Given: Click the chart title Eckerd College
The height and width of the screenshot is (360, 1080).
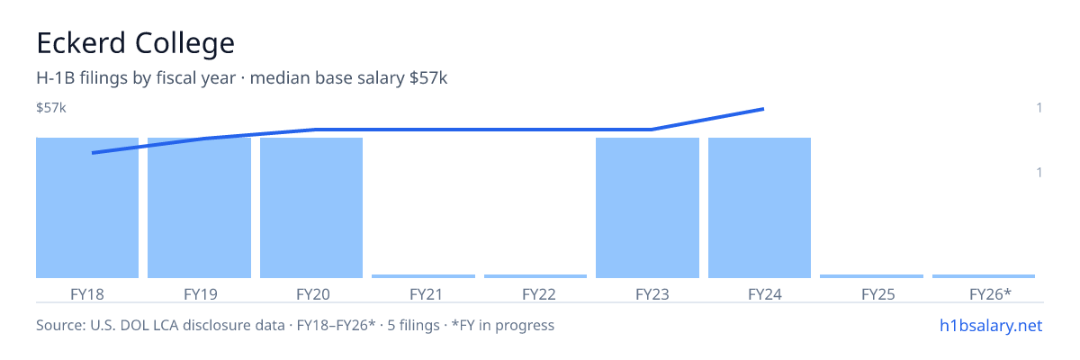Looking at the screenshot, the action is [x=136, y=43].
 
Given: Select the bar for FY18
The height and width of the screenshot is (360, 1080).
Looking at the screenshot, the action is [x=87, y=208].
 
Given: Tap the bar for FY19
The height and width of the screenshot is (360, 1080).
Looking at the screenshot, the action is [x=199, y=208].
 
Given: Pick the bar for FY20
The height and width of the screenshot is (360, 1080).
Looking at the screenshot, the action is [x=311, y=208].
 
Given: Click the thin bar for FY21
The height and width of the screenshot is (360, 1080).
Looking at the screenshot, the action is [x=423, y=276].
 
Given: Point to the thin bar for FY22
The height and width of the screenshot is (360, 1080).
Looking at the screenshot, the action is [x=535, y=276].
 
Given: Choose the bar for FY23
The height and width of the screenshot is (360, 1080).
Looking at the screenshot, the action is [x=647, y=208].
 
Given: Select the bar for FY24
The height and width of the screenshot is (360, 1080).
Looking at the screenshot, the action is [x=760, y=208].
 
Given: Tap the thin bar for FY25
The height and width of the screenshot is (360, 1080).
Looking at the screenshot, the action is [x=872, y=276].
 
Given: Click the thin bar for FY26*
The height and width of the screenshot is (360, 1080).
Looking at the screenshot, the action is [x=984, y=276].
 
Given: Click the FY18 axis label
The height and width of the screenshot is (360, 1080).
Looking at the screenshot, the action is [x=87, y=294].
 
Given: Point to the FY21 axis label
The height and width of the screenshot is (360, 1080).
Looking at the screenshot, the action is [x=427, y=294].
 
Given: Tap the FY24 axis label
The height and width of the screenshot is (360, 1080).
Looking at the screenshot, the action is [x=765, y=294].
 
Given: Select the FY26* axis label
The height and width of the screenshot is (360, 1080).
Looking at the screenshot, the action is [x=990, y=294].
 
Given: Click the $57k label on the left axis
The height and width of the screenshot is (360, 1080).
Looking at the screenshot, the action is [x=51, y=107].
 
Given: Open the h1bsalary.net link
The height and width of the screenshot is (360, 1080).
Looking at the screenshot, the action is [x=991, y=325].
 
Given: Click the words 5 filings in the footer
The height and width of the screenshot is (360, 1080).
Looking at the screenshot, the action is [x=413, y=325].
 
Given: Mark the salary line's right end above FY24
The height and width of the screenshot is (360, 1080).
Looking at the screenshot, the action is [x=764, y=110].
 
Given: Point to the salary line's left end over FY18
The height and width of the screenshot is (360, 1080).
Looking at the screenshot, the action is [x=93, y=153].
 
